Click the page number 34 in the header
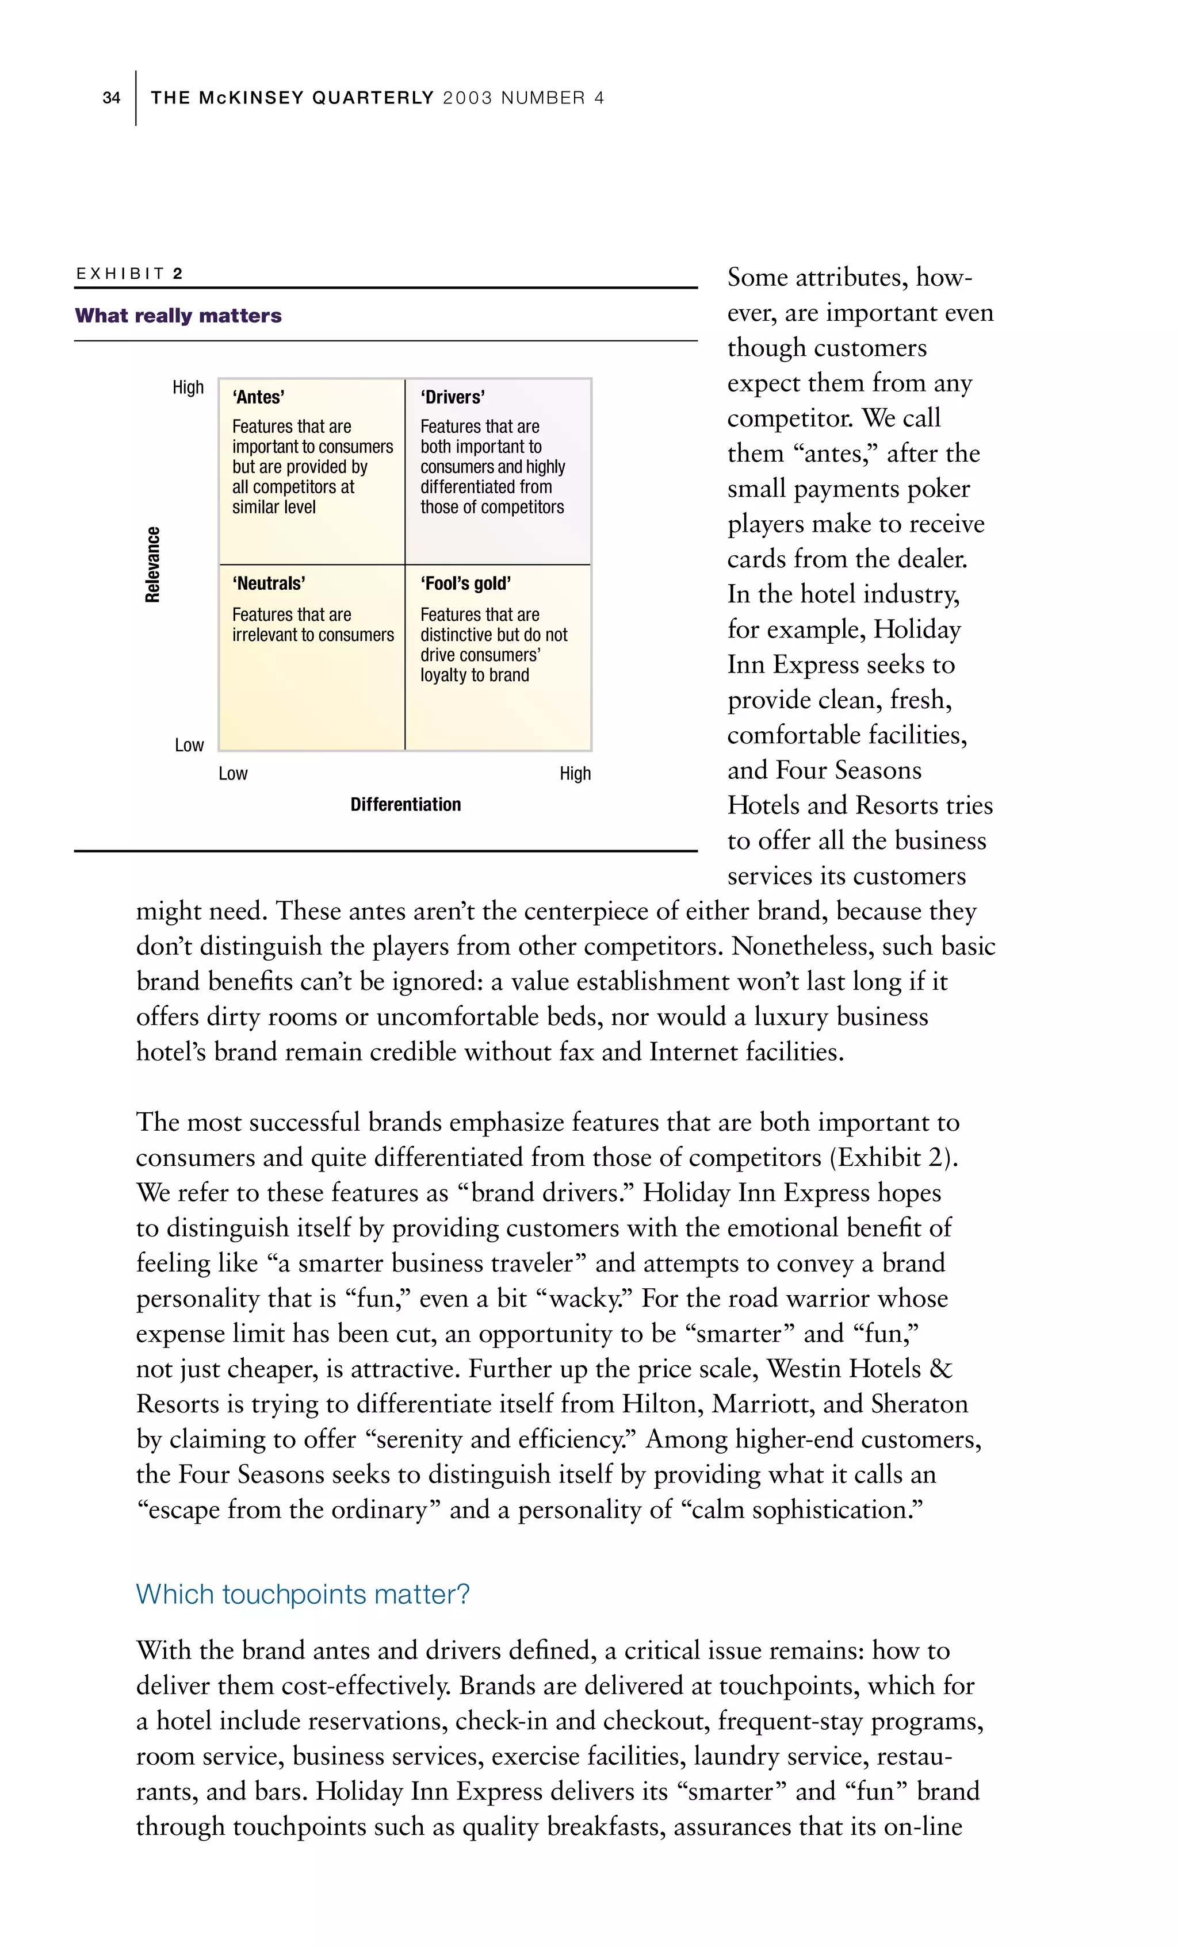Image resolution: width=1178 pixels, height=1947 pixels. [x=112, y=98]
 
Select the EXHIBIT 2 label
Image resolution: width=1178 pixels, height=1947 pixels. [x=129, y=274]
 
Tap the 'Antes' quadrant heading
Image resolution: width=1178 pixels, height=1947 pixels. [x=258, y=397]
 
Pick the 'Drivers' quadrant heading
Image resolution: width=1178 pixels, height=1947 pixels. [x=452, y=397]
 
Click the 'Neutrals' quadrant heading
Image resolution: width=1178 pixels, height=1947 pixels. [x=269, y=584]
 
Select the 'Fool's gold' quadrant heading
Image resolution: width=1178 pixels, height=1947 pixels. [x=466, y=584]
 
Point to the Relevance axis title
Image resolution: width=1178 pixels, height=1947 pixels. [x=152, y=564]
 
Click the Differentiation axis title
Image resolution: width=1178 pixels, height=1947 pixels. [x=406, y=804]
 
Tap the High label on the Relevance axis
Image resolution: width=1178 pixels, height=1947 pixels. [x=188, y=387]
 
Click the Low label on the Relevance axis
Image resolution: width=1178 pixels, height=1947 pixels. [x=189, y=745]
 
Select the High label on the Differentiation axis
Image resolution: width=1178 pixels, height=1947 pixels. [x=575, y=774]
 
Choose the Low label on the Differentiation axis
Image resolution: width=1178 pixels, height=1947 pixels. [x=233, y=774]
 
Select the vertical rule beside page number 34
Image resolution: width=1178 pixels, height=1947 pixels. [x=136, y=98]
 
